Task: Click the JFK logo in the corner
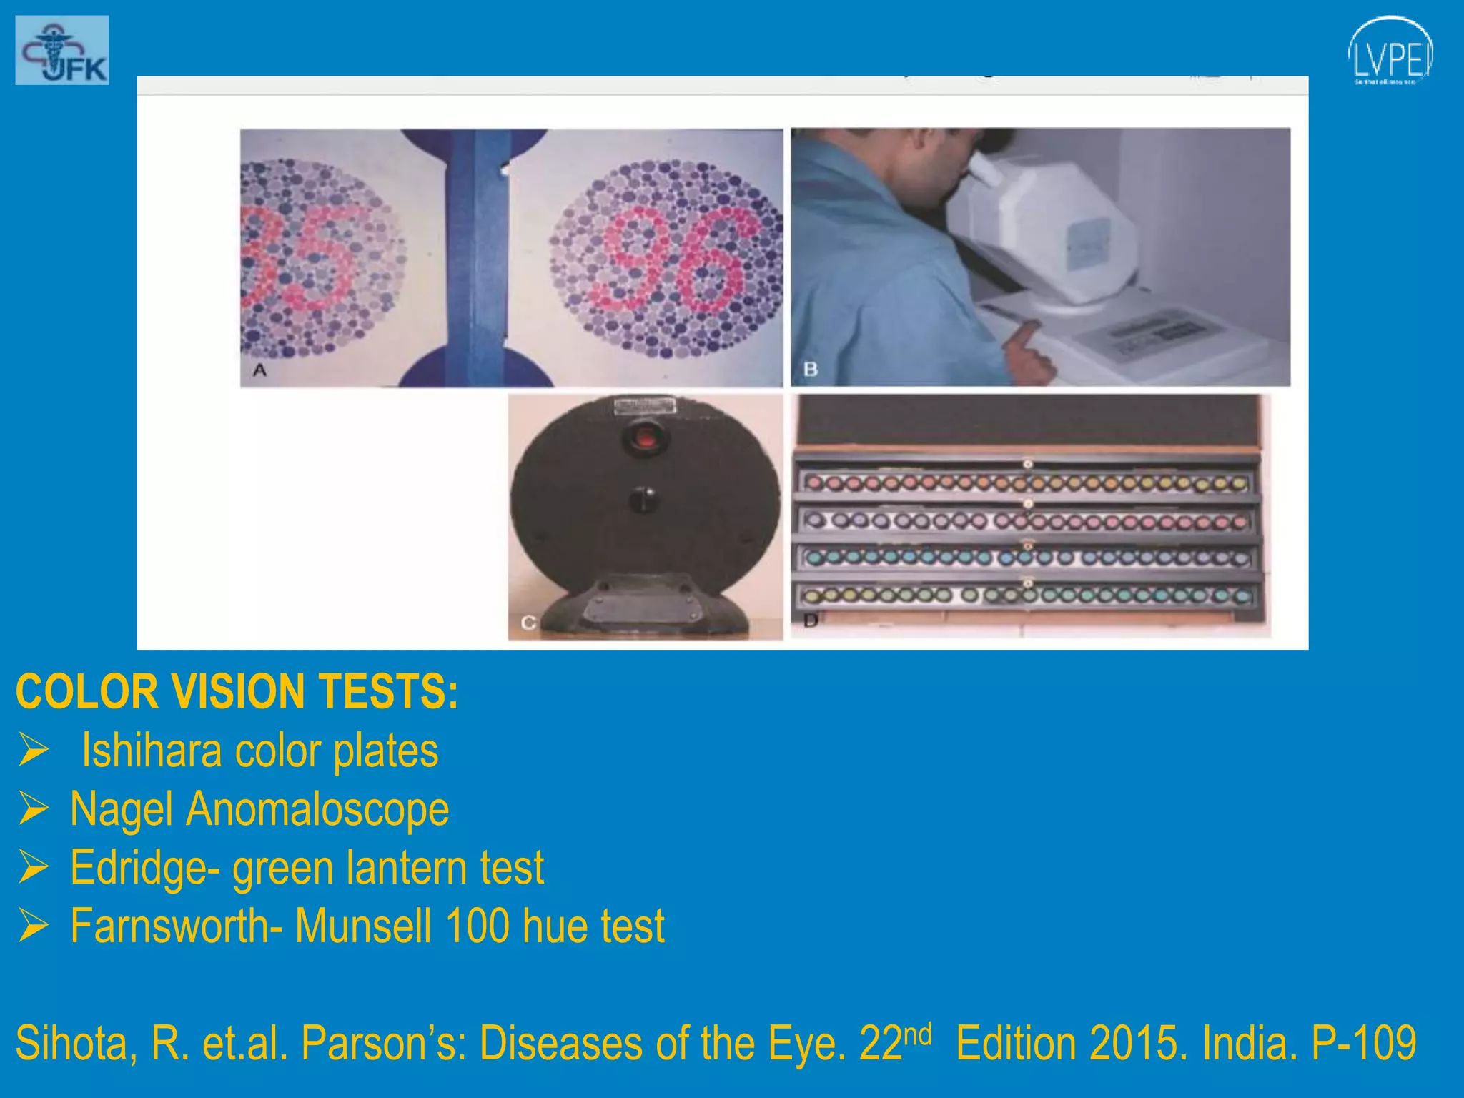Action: pyautogui.click(x=62, y=50)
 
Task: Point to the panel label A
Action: pyautogui.click(x=259, y=370)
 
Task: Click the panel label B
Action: pyautogui.click(x=810, y=370)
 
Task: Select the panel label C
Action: pyautogui.click(x=528, y=623)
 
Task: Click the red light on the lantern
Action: pyautogui.click(x=646, y=437)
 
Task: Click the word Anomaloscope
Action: pyautogui.click(x=317, y=809)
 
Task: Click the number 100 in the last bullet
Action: pyautogui.click(x=477, y=926)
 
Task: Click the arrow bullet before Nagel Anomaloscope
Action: pyautogui.click(x=34, y=808)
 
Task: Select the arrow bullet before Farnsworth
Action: pyautogui.click(x=34, y=926)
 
